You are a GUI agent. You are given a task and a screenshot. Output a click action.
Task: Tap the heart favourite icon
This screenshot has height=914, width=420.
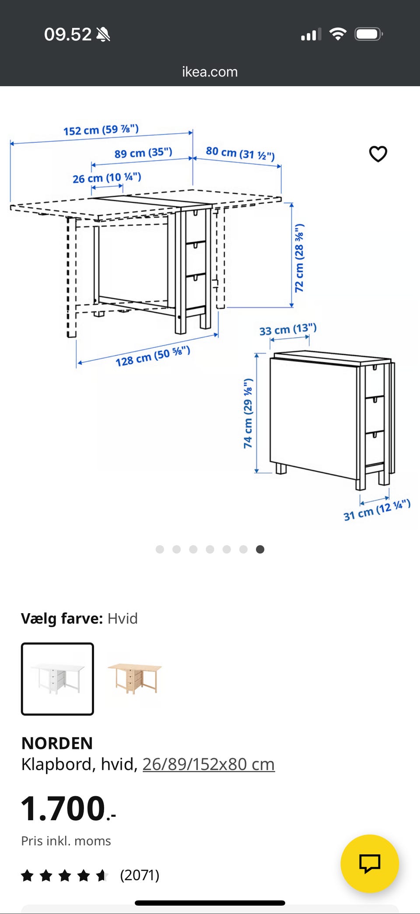[x=378, y=154]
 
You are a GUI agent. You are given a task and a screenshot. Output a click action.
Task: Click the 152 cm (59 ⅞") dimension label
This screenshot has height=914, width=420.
[x=101, y=130]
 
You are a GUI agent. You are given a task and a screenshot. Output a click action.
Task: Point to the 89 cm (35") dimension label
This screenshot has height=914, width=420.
[x=143, y=153]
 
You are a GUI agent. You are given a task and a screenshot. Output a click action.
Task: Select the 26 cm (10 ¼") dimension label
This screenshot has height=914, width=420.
[x=107, y=178]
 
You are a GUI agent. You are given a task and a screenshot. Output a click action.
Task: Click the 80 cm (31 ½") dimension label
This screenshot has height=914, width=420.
[x=240, y=153]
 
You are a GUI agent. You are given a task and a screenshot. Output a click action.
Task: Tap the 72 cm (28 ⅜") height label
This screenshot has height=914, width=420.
[x=299, y=258]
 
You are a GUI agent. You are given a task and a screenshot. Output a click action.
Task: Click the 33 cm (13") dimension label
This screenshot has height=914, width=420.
[x=288, y=329]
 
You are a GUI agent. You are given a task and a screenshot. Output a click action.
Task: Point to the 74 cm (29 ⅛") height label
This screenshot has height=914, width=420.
[x=248, y=413]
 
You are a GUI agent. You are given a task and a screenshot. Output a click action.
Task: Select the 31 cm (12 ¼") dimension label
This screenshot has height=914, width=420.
[x=377, y=510]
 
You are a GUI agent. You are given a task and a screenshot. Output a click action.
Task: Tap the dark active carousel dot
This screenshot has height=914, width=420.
[x=260, y=549]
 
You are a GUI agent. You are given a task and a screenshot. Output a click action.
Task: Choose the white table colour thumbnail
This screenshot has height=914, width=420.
[x=57, y=679]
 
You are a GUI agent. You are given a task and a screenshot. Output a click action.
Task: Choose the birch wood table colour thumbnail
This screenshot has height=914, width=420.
[x=135, y=679]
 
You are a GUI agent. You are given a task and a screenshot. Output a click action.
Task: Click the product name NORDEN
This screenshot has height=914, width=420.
[x=57, y=743]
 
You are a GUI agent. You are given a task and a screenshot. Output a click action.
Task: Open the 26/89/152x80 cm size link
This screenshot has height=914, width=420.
[x=209, y=764]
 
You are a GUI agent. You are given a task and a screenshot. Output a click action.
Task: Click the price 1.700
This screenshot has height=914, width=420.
[x=68, y=808]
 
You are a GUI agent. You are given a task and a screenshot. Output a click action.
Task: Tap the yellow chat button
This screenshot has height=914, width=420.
[x=370, y=864]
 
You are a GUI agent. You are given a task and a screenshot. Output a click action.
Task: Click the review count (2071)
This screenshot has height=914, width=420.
[x=140, y=875]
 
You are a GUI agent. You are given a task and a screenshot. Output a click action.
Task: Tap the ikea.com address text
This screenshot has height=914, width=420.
[x=210, y=72]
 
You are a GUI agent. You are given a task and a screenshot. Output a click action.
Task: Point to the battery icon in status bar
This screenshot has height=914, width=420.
[x=369, y=34]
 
